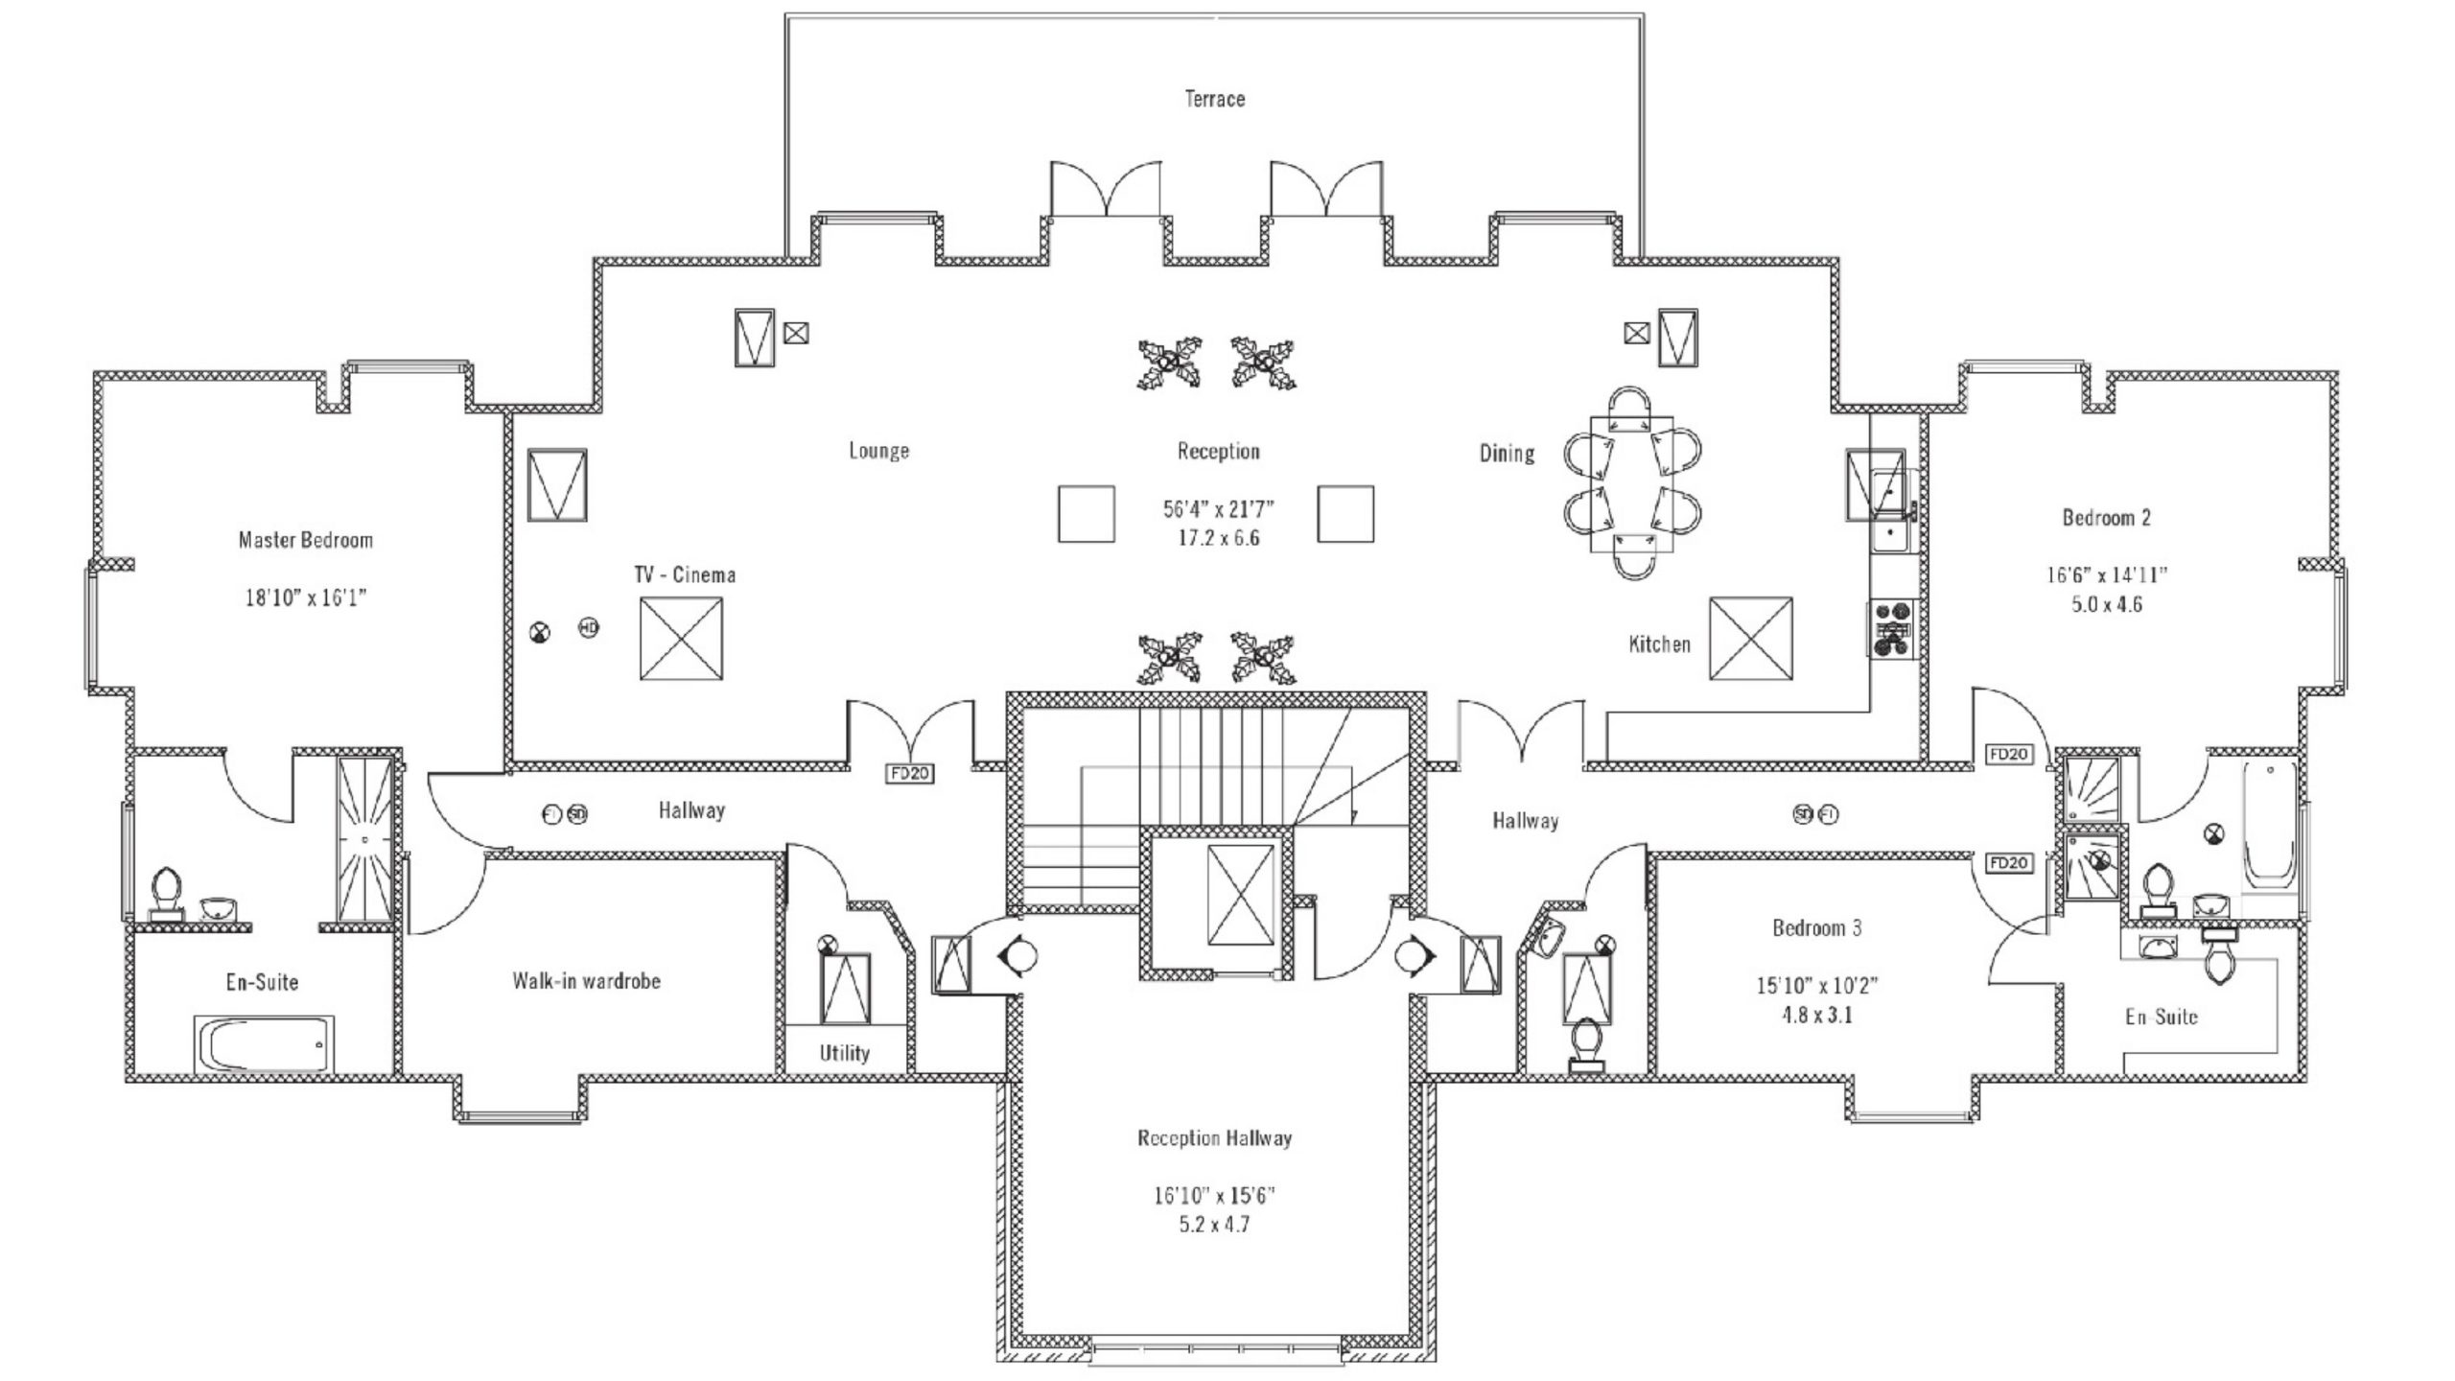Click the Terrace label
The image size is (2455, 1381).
(1214, 99)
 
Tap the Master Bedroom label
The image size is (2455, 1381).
(305, 540)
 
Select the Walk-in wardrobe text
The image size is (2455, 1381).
(586, 981)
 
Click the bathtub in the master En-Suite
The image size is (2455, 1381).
(265, 1044)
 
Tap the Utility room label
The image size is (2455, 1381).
(844, 1053)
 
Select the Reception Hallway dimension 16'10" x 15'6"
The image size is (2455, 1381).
(1214, 1196)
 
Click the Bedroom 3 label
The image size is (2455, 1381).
(1816, 928)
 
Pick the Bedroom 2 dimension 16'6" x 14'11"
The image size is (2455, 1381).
(2107, 575)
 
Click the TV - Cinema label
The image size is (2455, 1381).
(685, 575)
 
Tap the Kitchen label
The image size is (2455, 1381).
(1659, 644)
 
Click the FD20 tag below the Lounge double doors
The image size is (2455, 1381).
(908, 773)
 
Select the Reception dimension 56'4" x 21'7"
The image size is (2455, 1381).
(1218, 509)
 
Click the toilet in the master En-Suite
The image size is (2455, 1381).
(167, 893)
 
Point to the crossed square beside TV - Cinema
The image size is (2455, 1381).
(681, 639)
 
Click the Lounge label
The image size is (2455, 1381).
(878, 451)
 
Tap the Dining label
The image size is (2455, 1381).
(1507, 453)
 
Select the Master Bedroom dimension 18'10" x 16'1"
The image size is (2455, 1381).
(306, 598)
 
